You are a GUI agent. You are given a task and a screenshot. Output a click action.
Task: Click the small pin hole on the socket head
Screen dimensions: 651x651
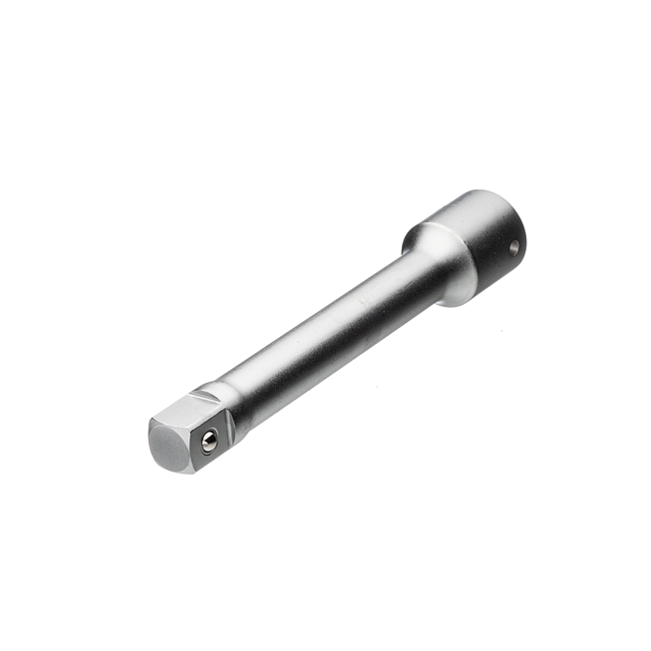click(x=512, y=247)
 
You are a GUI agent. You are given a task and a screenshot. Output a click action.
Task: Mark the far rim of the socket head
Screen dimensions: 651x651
click(x=488, y=196)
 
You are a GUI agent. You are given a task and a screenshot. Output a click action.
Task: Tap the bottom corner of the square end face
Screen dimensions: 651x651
click(x=185, y=470)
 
